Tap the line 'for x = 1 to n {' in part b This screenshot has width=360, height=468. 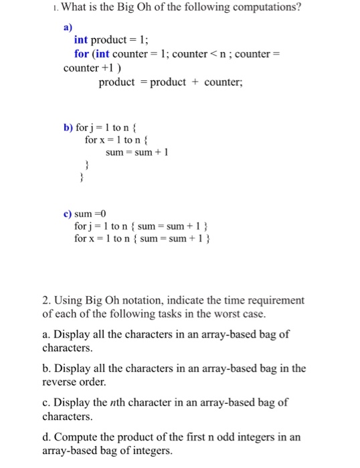[116, 140]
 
